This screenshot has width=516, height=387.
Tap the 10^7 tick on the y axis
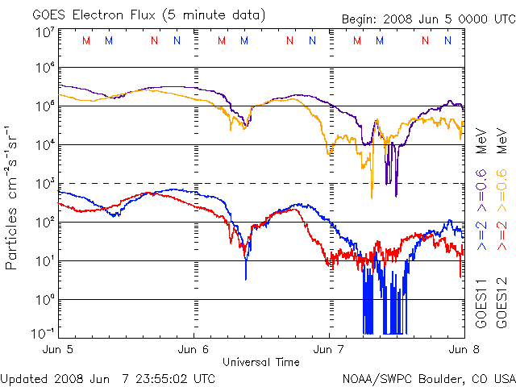pos(45,32)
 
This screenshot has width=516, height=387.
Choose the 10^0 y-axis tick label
pos(45,300)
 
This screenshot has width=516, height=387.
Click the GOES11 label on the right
pos(481,302)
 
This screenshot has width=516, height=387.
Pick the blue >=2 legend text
pos(481,235)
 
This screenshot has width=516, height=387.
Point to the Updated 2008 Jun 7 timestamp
pos(108,377)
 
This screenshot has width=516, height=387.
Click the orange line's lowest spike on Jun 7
pos(371,197)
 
